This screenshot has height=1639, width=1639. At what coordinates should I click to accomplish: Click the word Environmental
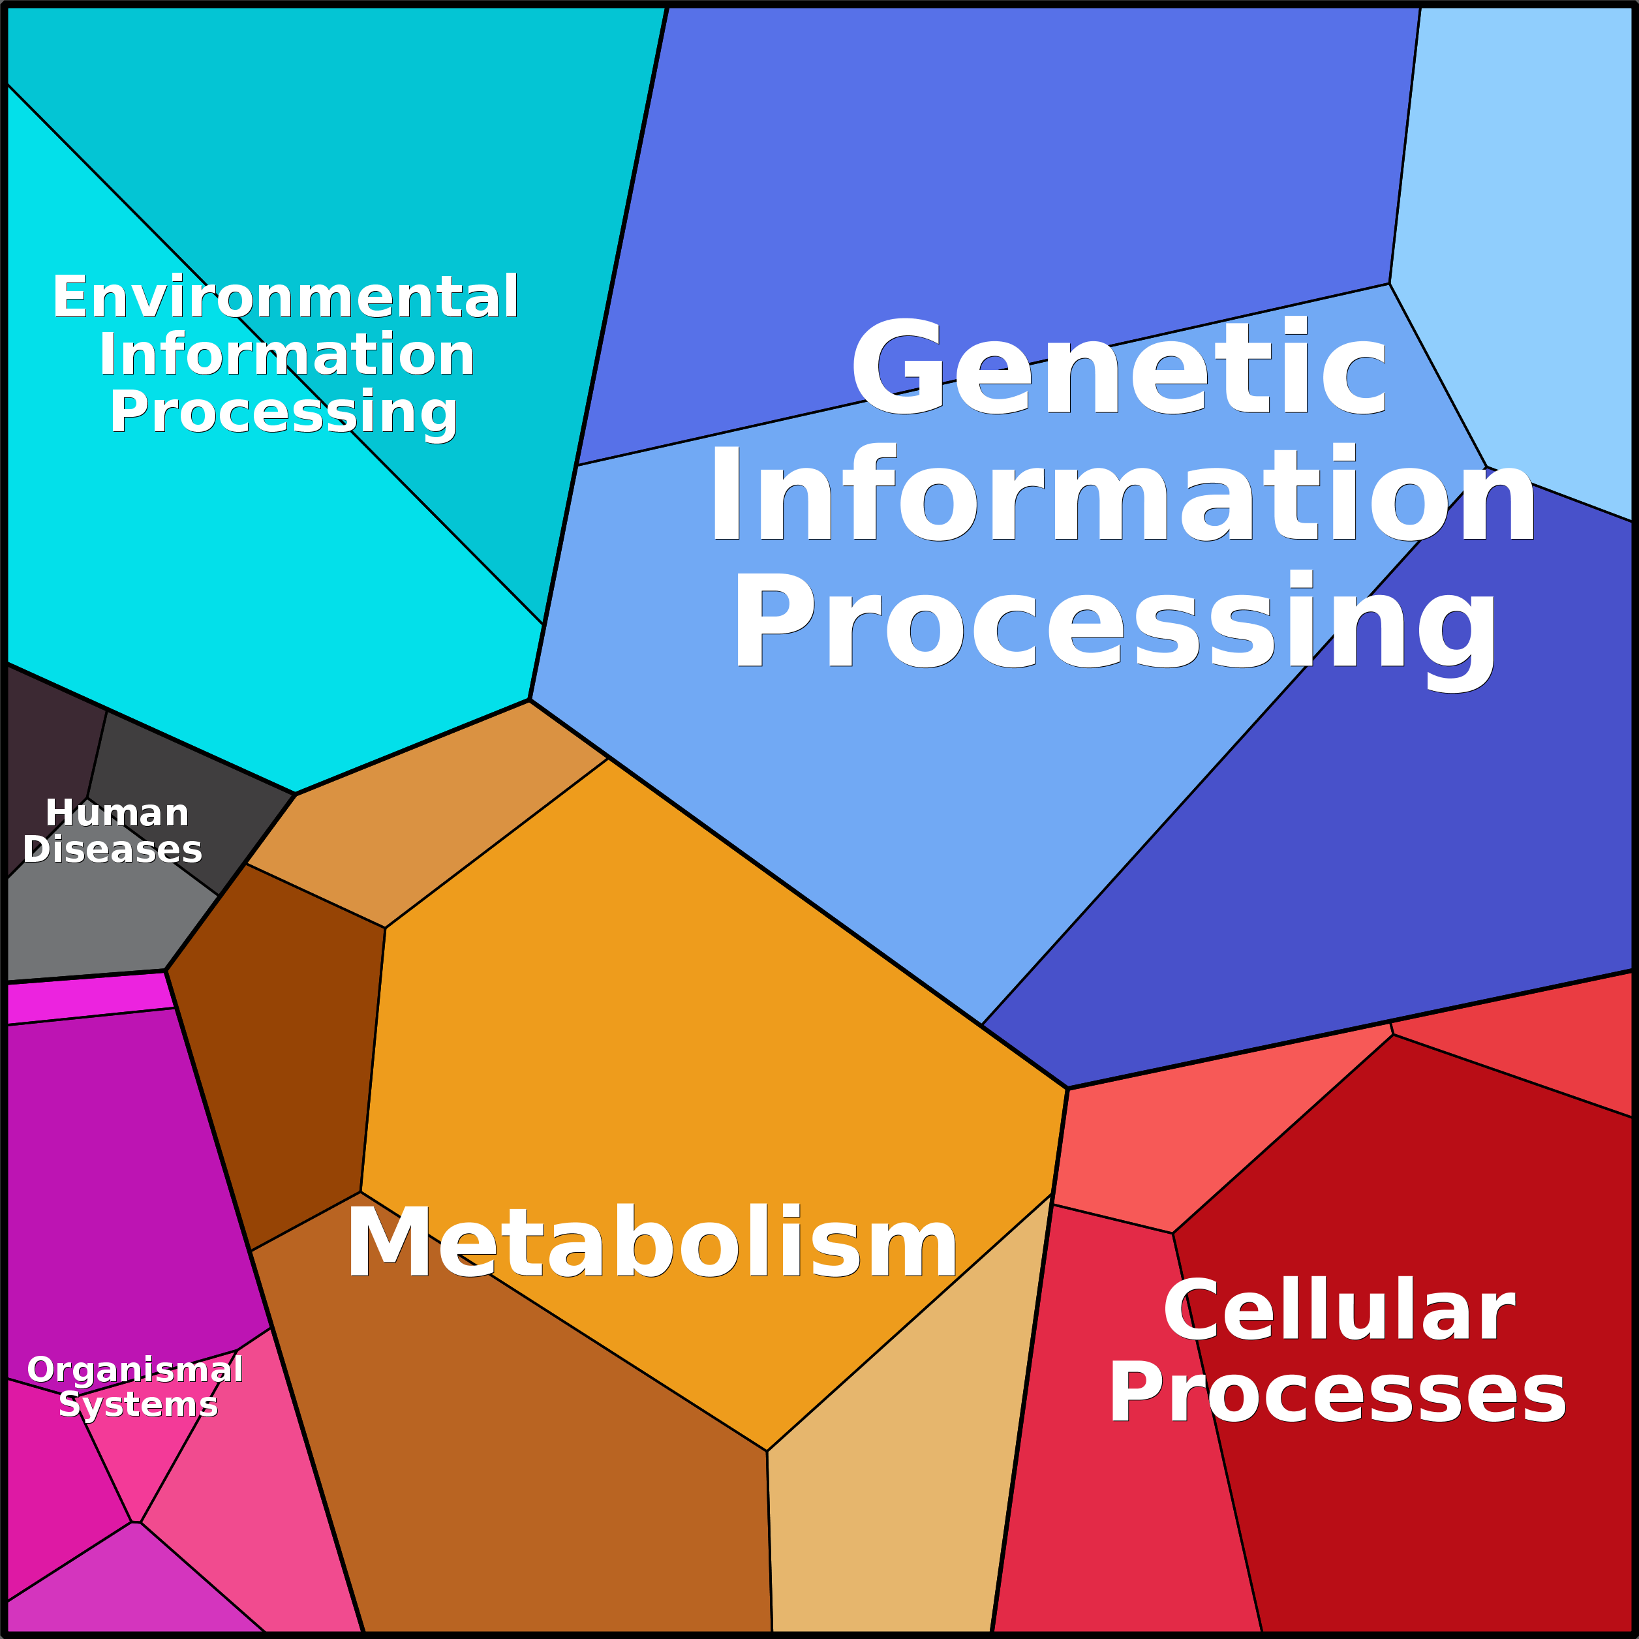tap(285, 297)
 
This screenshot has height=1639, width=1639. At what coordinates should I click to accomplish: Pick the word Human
tap(117, 813)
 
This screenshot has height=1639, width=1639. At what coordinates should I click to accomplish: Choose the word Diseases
tap(113, 850)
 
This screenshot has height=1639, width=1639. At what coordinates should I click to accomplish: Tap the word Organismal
tap(136, 1393)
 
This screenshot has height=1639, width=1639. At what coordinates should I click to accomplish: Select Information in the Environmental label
tap(286, 354)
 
